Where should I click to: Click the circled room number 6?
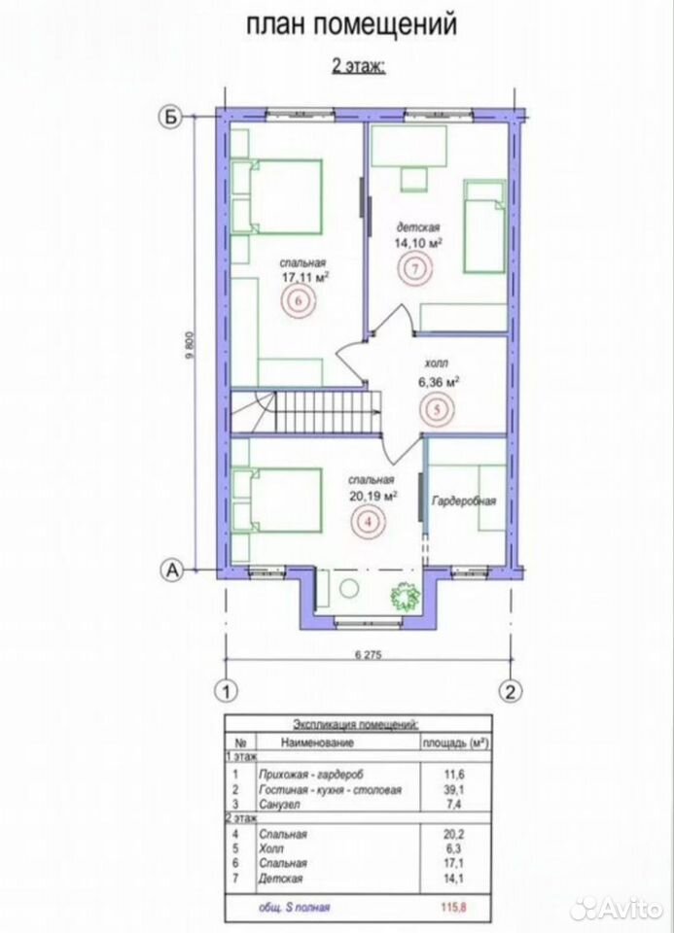pos(299,301)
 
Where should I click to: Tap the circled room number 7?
pos(416,268)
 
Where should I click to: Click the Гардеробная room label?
pos(464,501)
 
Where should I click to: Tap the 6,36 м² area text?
pos(439,382)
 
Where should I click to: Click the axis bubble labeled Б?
pos(171,118)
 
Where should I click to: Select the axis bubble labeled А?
pos(171,570)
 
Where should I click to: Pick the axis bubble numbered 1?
pos(226,691)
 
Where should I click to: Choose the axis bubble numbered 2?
pos(510,691)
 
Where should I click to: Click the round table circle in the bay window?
pos(348,588)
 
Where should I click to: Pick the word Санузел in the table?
pos(279,805)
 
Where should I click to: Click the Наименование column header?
pos(317,742)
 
